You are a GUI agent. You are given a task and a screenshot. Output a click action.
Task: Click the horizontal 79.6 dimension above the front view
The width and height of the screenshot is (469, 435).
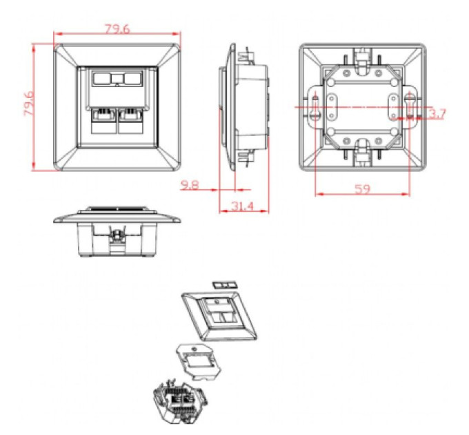(x=117, y=29)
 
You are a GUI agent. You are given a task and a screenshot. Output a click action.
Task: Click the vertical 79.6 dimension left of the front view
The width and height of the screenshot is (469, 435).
(x=29, y=103)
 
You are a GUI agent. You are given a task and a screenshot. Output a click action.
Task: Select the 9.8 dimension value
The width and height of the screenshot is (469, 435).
(x=190, y=185)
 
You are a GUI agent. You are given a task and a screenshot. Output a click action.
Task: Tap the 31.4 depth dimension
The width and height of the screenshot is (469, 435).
(x=242, y=206)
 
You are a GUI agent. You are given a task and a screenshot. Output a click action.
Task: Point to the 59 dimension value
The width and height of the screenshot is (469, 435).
(x=362, y=189)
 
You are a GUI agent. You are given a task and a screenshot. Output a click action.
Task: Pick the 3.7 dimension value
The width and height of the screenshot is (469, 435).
(x=437, y=114)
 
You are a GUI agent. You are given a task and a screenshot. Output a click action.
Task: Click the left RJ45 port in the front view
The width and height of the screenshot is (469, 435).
(x=103, y=121)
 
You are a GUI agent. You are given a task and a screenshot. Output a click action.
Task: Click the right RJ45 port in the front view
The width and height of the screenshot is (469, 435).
(x=130, y=121)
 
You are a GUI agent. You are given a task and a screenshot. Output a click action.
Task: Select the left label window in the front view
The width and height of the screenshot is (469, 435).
(x=101, y=79)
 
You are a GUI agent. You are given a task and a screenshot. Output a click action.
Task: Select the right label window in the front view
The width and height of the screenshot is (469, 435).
(x=132, y=79)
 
